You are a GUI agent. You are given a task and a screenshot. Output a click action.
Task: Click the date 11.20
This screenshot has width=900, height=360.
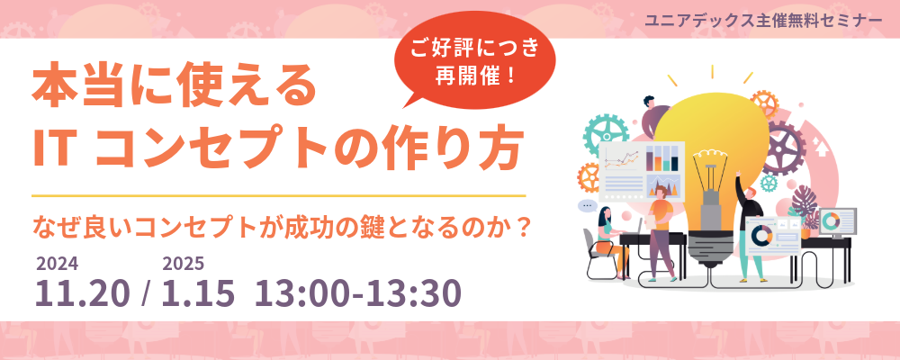click(83, 292)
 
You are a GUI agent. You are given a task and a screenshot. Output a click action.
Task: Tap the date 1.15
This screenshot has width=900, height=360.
click(198, 292)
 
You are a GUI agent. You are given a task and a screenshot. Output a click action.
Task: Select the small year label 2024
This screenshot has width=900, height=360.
click(58, 264)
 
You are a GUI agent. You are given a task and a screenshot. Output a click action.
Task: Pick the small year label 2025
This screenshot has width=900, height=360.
click(183, 264)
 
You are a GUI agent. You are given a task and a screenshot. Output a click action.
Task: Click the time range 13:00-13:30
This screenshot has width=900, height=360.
click(358, 292)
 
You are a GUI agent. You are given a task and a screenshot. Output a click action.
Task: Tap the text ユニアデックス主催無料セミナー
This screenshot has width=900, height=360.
click(763, 20)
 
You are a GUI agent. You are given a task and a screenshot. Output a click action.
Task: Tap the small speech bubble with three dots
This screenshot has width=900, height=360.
click(587, 205)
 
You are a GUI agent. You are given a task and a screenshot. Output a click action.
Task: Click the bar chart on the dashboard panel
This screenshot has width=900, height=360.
click(662, 157)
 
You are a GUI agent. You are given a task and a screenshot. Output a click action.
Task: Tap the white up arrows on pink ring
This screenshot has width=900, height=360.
click(823, 146)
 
